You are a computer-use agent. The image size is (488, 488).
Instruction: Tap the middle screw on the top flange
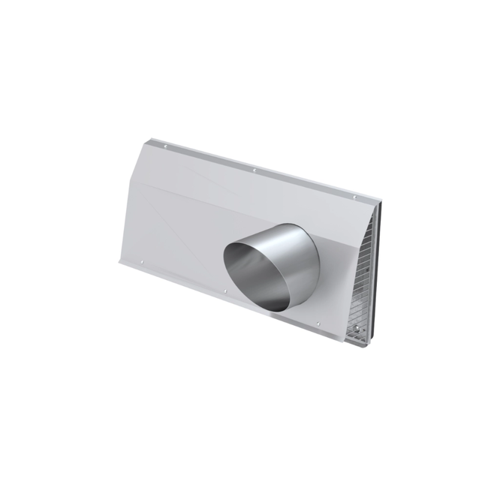click(x=255, y=171)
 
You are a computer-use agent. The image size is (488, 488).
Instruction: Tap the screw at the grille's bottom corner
click(x=367, y=328)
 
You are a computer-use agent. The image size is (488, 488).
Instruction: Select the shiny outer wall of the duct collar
click(x=300, y=255)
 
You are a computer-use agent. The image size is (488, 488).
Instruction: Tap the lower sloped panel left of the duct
click(x=173, y=233)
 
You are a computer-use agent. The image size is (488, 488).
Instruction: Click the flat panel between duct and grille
click(x=334, y=285)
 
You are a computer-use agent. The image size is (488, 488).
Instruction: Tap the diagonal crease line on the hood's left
click(x=161, y=203)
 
